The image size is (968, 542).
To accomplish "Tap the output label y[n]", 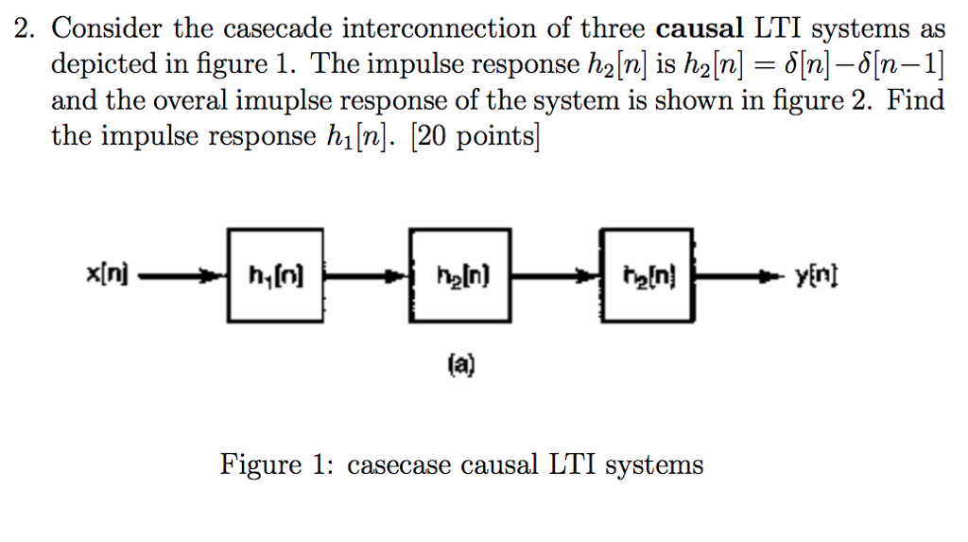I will [818, 278].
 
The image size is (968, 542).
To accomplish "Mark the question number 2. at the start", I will [25, 29].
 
